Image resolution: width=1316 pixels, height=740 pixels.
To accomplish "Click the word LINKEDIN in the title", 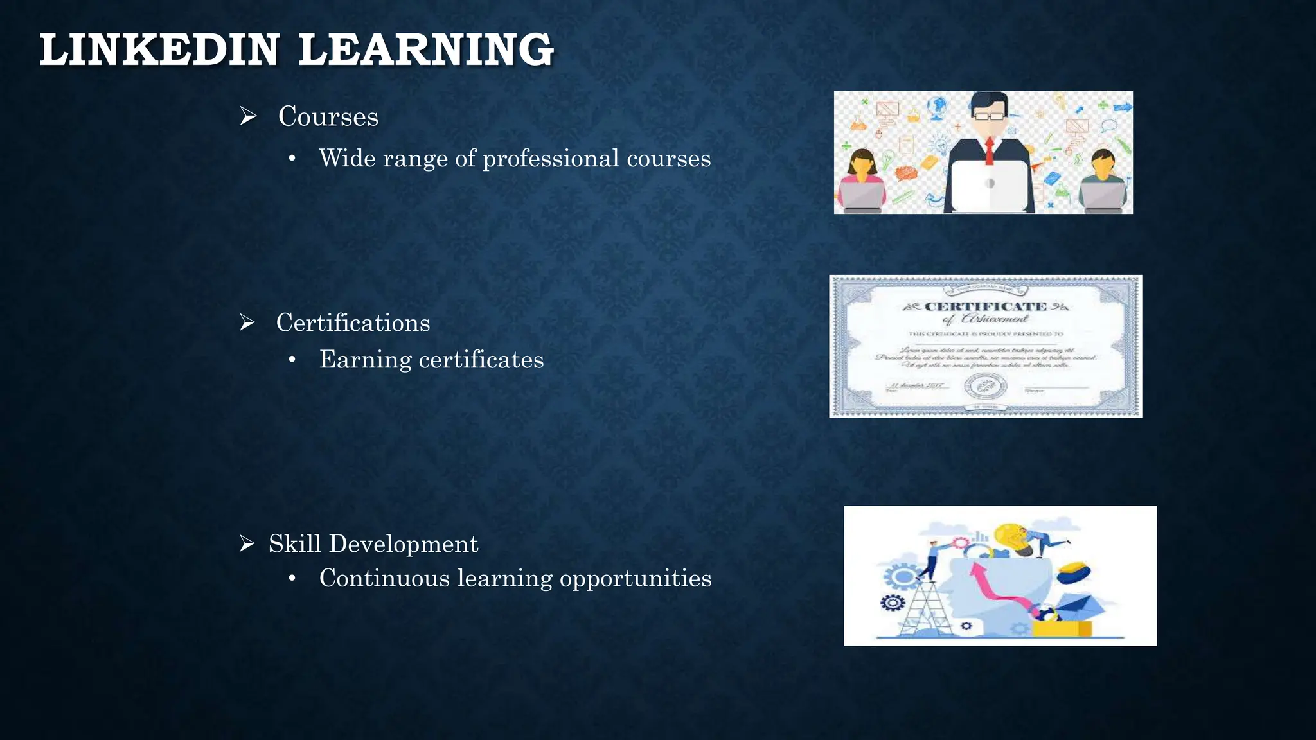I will click(x=159, y=50).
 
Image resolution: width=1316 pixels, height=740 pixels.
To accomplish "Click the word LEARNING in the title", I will click(x=425, y=50).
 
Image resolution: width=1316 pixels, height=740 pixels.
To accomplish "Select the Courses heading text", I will click(x=328, y=117).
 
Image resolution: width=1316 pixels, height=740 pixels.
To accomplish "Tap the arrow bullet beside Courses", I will click(x=248, y=116).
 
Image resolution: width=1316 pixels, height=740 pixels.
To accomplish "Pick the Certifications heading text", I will click(x=353, y=322).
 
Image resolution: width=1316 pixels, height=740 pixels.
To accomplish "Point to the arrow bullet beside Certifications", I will click(x=247, y=322).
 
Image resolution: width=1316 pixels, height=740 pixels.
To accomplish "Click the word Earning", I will click(x=365, y=360).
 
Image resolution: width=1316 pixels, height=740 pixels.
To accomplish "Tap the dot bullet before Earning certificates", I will click(x=292, y=360).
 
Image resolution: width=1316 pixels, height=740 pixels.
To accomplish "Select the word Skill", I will click(x=294, y=544).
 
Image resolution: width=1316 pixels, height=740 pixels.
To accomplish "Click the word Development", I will click(x=404, y=544).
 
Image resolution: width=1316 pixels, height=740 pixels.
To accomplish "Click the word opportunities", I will click(x=636, y=579).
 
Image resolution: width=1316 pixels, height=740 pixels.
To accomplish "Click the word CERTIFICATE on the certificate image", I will click(x=985, y=307).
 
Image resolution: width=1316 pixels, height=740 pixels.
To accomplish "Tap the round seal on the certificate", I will click(x=985, y=387).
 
